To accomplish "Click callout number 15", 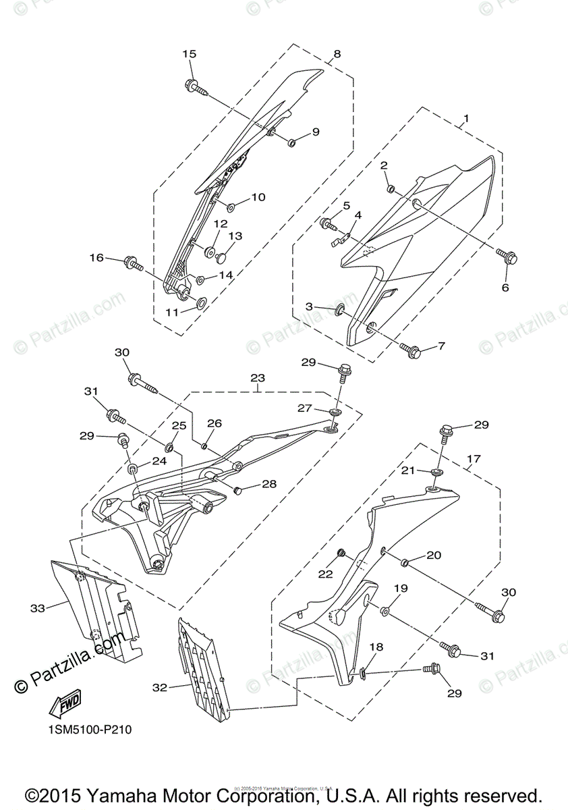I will pos(189,53).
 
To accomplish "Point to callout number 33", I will pos(38,608).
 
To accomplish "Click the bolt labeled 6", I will pos(507,256).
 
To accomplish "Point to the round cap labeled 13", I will pos(221,256).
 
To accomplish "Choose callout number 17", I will pos(473,458).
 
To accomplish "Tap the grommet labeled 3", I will pos(339,309).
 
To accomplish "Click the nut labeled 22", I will pos(342,554).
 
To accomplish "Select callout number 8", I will pos(337,53).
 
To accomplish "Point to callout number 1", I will pos(466,119).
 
